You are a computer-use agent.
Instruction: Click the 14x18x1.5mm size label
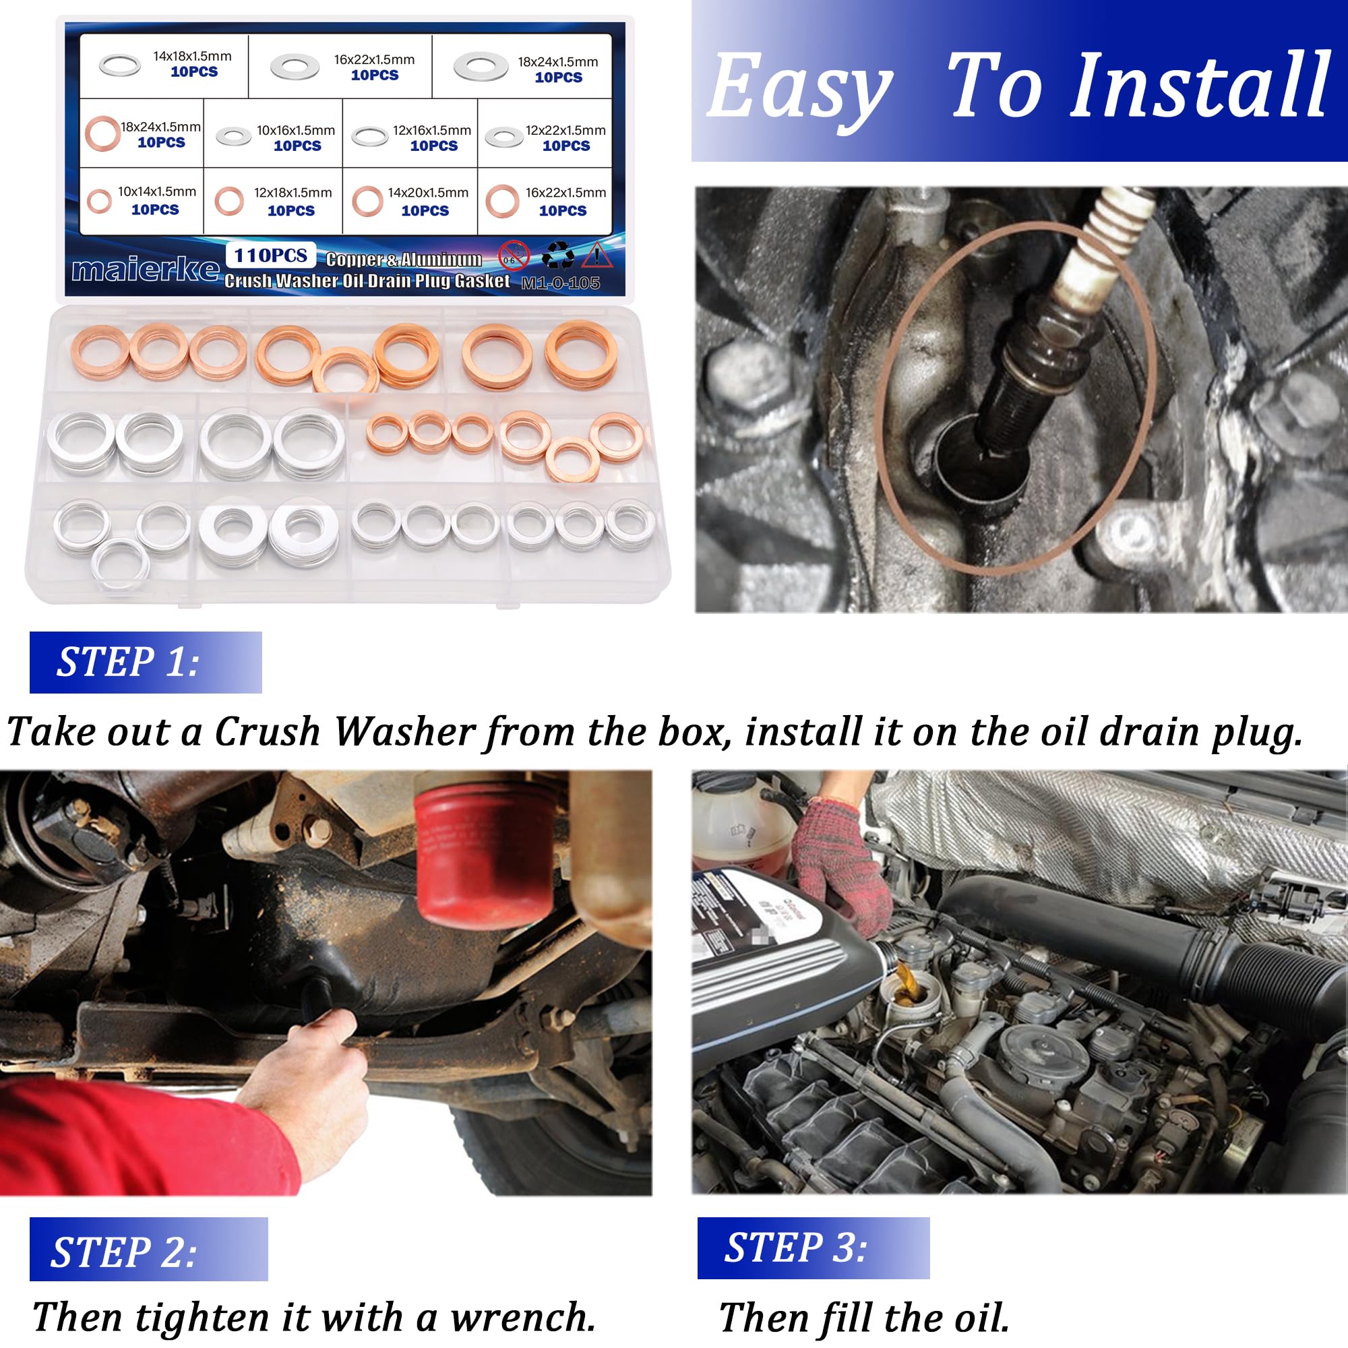coord(192,57)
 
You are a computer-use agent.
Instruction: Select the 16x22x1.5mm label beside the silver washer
coord(374,60)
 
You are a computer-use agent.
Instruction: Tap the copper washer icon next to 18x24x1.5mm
coord(102,133)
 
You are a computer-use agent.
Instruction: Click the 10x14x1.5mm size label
coord(156,192)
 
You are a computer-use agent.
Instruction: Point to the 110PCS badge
coord(270,255)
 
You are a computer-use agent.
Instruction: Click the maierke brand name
coord(145,270)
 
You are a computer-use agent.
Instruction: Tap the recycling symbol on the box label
coord(557,255)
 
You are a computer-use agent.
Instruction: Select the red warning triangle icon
coord(596,255)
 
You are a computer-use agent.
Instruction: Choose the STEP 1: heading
coord(127,662)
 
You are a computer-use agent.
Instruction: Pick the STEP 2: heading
coord(124,1252)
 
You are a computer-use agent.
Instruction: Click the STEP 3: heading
coord(795,1248)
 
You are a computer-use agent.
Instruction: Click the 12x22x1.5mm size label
coord(565,131)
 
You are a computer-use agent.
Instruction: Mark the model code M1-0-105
coord(560,282)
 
